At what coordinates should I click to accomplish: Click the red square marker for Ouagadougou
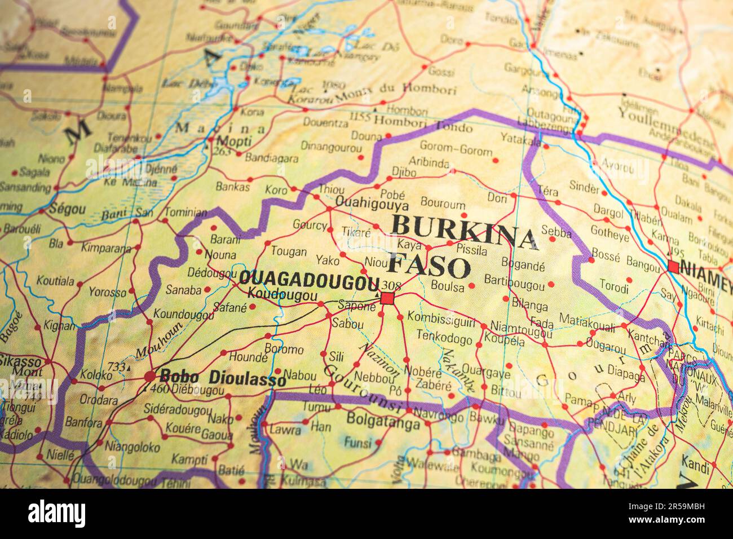tap(387, 298)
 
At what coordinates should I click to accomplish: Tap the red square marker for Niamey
tap(673, 267)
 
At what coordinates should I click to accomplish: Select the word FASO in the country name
tap(430, 266)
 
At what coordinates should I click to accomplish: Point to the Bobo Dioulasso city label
tap(223, 377)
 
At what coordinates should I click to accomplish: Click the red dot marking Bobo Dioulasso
tap(150, 376)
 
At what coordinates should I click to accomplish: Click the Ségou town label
tap(68, 209)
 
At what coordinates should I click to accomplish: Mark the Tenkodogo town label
tap(444, 337)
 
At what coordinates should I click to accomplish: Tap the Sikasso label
tap(20, 360)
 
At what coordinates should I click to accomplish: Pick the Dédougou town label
tap(204, 273)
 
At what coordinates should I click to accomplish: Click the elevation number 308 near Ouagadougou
tap(390, 284)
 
